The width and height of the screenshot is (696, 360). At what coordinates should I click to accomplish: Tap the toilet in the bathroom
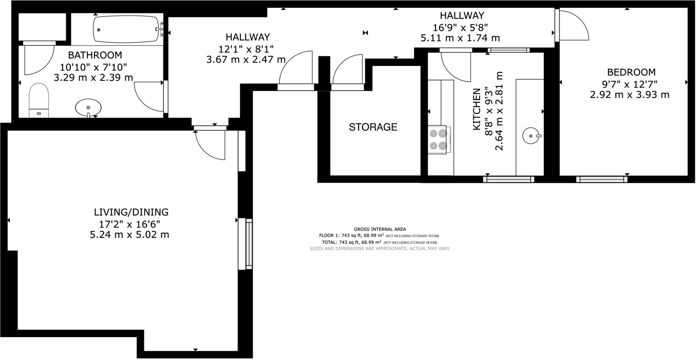(x=39, y=101)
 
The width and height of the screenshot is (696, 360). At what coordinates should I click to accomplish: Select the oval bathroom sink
(x=88, y=108)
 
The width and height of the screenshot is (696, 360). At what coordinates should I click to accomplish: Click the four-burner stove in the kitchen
(x=439, y=140)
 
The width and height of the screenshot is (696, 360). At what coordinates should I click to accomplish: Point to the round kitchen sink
(x=531, y=136)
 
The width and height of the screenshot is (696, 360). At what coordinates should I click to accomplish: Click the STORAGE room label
(x=373, y=127)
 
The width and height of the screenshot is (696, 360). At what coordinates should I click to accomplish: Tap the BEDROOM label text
(x=627, y=72)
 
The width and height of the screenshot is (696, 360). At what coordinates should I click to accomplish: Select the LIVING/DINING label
(x=131, y=212)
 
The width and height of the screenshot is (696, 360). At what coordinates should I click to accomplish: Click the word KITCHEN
(x=477, y=109)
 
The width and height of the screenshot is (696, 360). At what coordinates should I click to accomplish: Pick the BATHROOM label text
(x=95, y=55)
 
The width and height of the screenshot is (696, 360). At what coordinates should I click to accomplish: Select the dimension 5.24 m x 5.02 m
(x=129, y=235)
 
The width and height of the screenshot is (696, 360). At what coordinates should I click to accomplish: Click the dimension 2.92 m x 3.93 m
(x=630, y=95)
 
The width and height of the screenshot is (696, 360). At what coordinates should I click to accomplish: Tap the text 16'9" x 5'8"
(x=460, y=27)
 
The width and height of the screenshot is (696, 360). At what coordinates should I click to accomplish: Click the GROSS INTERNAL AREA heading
(x=380, y=229)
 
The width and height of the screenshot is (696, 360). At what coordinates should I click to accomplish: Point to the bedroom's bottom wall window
(x=602, y=179)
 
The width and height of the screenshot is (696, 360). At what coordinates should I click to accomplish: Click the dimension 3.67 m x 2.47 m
(x=246, y=60)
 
